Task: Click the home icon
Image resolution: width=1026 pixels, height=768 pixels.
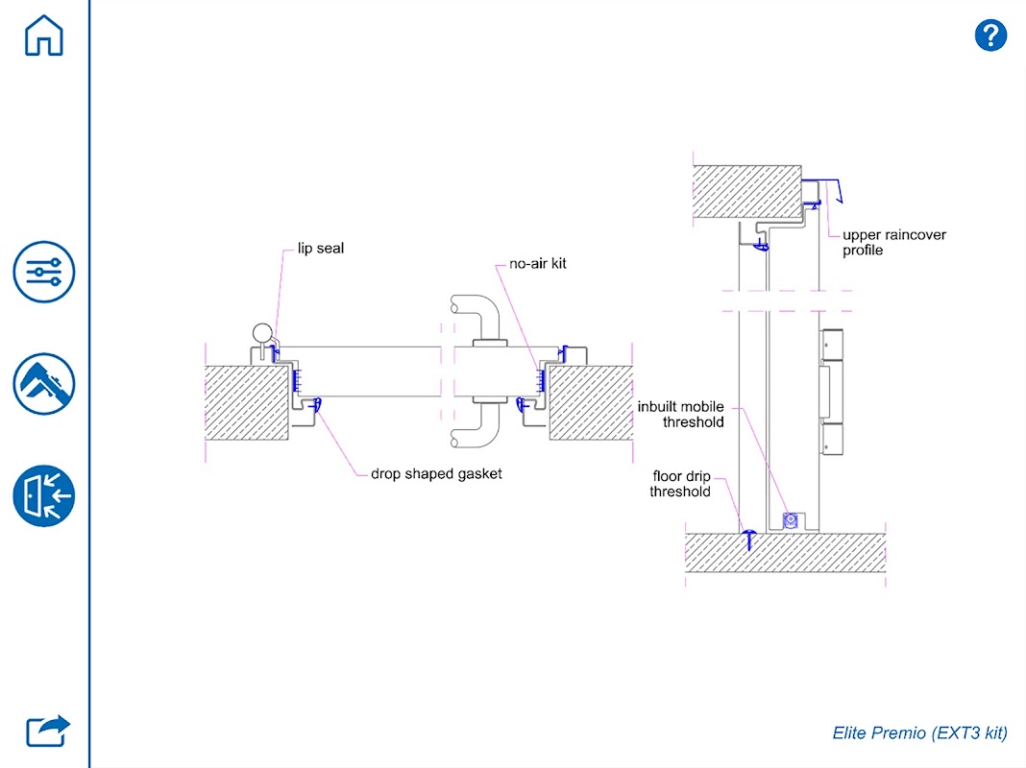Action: tap(44, 36)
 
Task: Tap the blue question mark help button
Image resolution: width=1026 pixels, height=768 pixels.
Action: tap(990, 35)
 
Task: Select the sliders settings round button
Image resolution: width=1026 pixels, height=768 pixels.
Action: tap(44, 272)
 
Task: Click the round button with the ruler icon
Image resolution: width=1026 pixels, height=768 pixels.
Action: tap(44, 384)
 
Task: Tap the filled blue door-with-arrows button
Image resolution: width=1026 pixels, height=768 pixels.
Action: tap(44, 496)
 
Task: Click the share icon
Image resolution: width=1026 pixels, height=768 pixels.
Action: tap(48, 731)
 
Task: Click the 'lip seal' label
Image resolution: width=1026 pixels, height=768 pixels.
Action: tap(321, 249)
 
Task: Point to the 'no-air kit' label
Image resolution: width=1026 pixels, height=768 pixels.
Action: tap(538, 263)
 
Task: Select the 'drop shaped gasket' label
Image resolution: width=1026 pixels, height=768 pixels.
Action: tap(436, 474)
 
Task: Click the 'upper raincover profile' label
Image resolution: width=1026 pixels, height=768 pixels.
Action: tap(893, 243)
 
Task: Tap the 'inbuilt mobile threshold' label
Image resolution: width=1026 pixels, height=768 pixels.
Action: tap(681, 415)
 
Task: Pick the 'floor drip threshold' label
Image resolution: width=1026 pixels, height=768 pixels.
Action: tap(680, 484)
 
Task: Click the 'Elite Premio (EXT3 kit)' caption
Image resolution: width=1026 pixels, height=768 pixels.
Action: tap(919, 732)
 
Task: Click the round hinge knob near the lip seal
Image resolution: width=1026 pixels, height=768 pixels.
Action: tap(262, 333)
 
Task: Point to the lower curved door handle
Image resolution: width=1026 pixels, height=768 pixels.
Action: tap(476, 425)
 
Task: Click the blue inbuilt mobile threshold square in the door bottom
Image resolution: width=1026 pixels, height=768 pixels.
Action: tap(791, 520)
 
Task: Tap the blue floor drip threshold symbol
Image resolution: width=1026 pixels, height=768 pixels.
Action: tap(748, 540)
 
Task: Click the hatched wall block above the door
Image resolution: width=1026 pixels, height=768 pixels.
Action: tap(747, 191)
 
